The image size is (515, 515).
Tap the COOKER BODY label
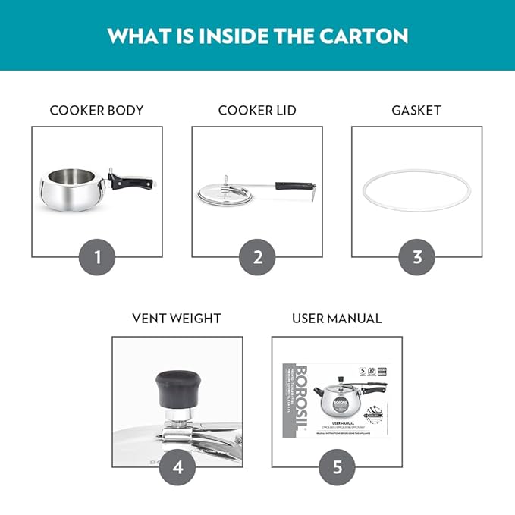click(96, 110)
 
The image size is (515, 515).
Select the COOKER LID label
click(257, 110)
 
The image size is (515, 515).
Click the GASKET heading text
click(416, 110)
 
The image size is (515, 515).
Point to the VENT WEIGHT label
click(177, 319)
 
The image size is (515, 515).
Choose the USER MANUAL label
click(337, 319)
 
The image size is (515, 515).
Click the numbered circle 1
click(97, 257)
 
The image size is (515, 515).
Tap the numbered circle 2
click(257, 257)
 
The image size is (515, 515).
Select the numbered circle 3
click(417, 257)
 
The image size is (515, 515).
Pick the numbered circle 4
click(177, 467)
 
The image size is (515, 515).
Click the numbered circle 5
click(337, 467)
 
